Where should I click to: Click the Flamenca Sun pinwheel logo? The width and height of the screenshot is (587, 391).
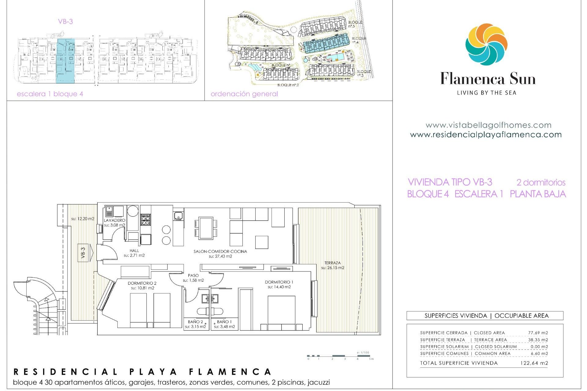click(486, 45)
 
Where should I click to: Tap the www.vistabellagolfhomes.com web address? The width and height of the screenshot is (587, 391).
click(488, 125)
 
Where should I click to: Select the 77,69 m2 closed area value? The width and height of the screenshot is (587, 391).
click(538, 333)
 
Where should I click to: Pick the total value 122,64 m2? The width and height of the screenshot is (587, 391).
click(534, 363)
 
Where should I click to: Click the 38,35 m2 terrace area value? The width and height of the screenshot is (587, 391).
click(538, 340)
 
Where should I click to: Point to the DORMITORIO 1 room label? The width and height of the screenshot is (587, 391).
click(279, 282)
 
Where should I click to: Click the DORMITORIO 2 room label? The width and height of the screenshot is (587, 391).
click(142, 283)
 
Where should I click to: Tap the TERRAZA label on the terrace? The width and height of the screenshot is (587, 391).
click(332, 263)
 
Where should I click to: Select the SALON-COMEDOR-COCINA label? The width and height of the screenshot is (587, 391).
click(220, 251)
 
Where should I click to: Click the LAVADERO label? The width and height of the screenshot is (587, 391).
click(114, 220)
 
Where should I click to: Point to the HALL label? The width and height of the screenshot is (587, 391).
click(134, 250)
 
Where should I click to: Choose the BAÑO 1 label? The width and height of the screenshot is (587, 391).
click(224, 322)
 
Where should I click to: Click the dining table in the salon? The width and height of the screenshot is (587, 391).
click(206, 228)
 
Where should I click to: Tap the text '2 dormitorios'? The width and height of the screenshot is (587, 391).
click(541, 182)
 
